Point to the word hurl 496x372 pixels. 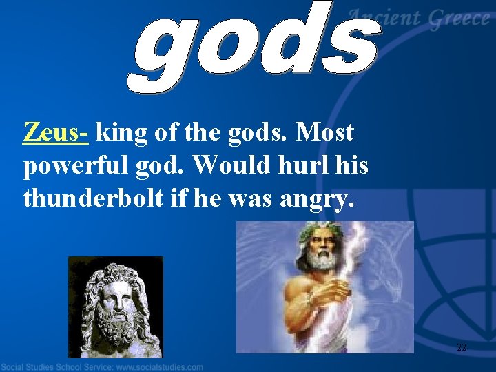(x=293, y=165)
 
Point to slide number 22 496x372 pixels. (x=462, y=348)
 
